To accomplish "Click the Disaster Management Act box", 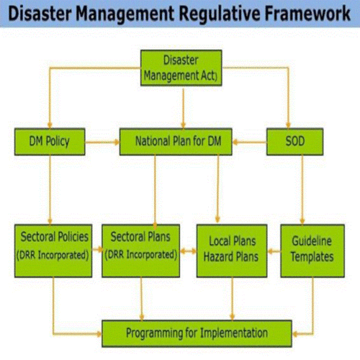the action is click(181, 68).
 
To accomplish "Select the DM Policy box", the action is click(50, 142).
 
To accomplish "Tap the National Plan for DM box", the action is click(176, 142).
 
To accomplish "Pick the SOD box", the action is click(294, 142).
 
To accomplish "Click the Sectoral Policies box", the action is click(53, 251).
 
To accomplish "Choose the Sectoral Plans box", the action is click(140, 251).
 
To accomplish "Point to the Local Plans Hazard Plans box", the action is click(232, 251).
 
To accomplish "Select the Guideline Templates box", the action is click(312, 251).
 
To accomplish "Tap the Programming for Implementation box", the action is click(197, 333).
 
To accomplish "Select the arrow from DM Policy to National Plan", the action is click(102, 143).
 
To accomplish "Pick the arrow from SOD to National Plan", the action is click(249, 143).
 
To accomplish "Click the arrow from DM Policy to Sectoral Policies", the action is click(50, 189).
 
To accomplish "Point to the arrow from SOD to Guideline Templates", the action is click(302, 189).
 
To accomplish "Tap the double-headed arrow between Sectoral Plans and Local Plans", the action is click(188, 251).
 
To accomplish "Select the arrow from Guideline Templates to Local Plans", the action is click(274, 251).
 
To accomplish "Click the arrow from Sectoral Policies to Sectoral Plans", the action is click(97, 250).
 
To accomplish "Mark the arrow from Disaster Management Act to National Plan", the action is click(184, 109).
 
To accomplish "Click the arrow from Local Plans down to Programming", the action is click(232, 299).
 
